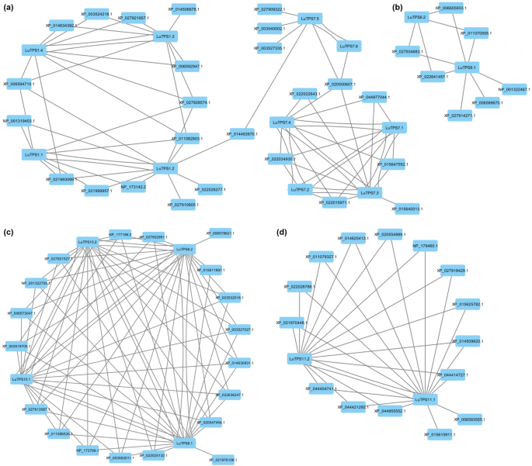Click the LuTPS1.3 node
165,36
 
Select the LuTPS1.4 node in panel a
35,50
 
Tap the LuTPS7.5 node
308,18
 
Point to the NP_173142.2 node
134,186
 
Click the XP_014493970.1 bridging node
247,134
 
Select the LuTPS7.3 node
368,192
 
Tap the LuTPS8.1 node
184,444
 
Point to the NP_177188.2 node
120,233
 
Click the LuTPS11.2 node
299,359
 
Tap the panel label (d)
281,230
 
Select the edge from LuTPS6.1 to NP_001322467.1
488,78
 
